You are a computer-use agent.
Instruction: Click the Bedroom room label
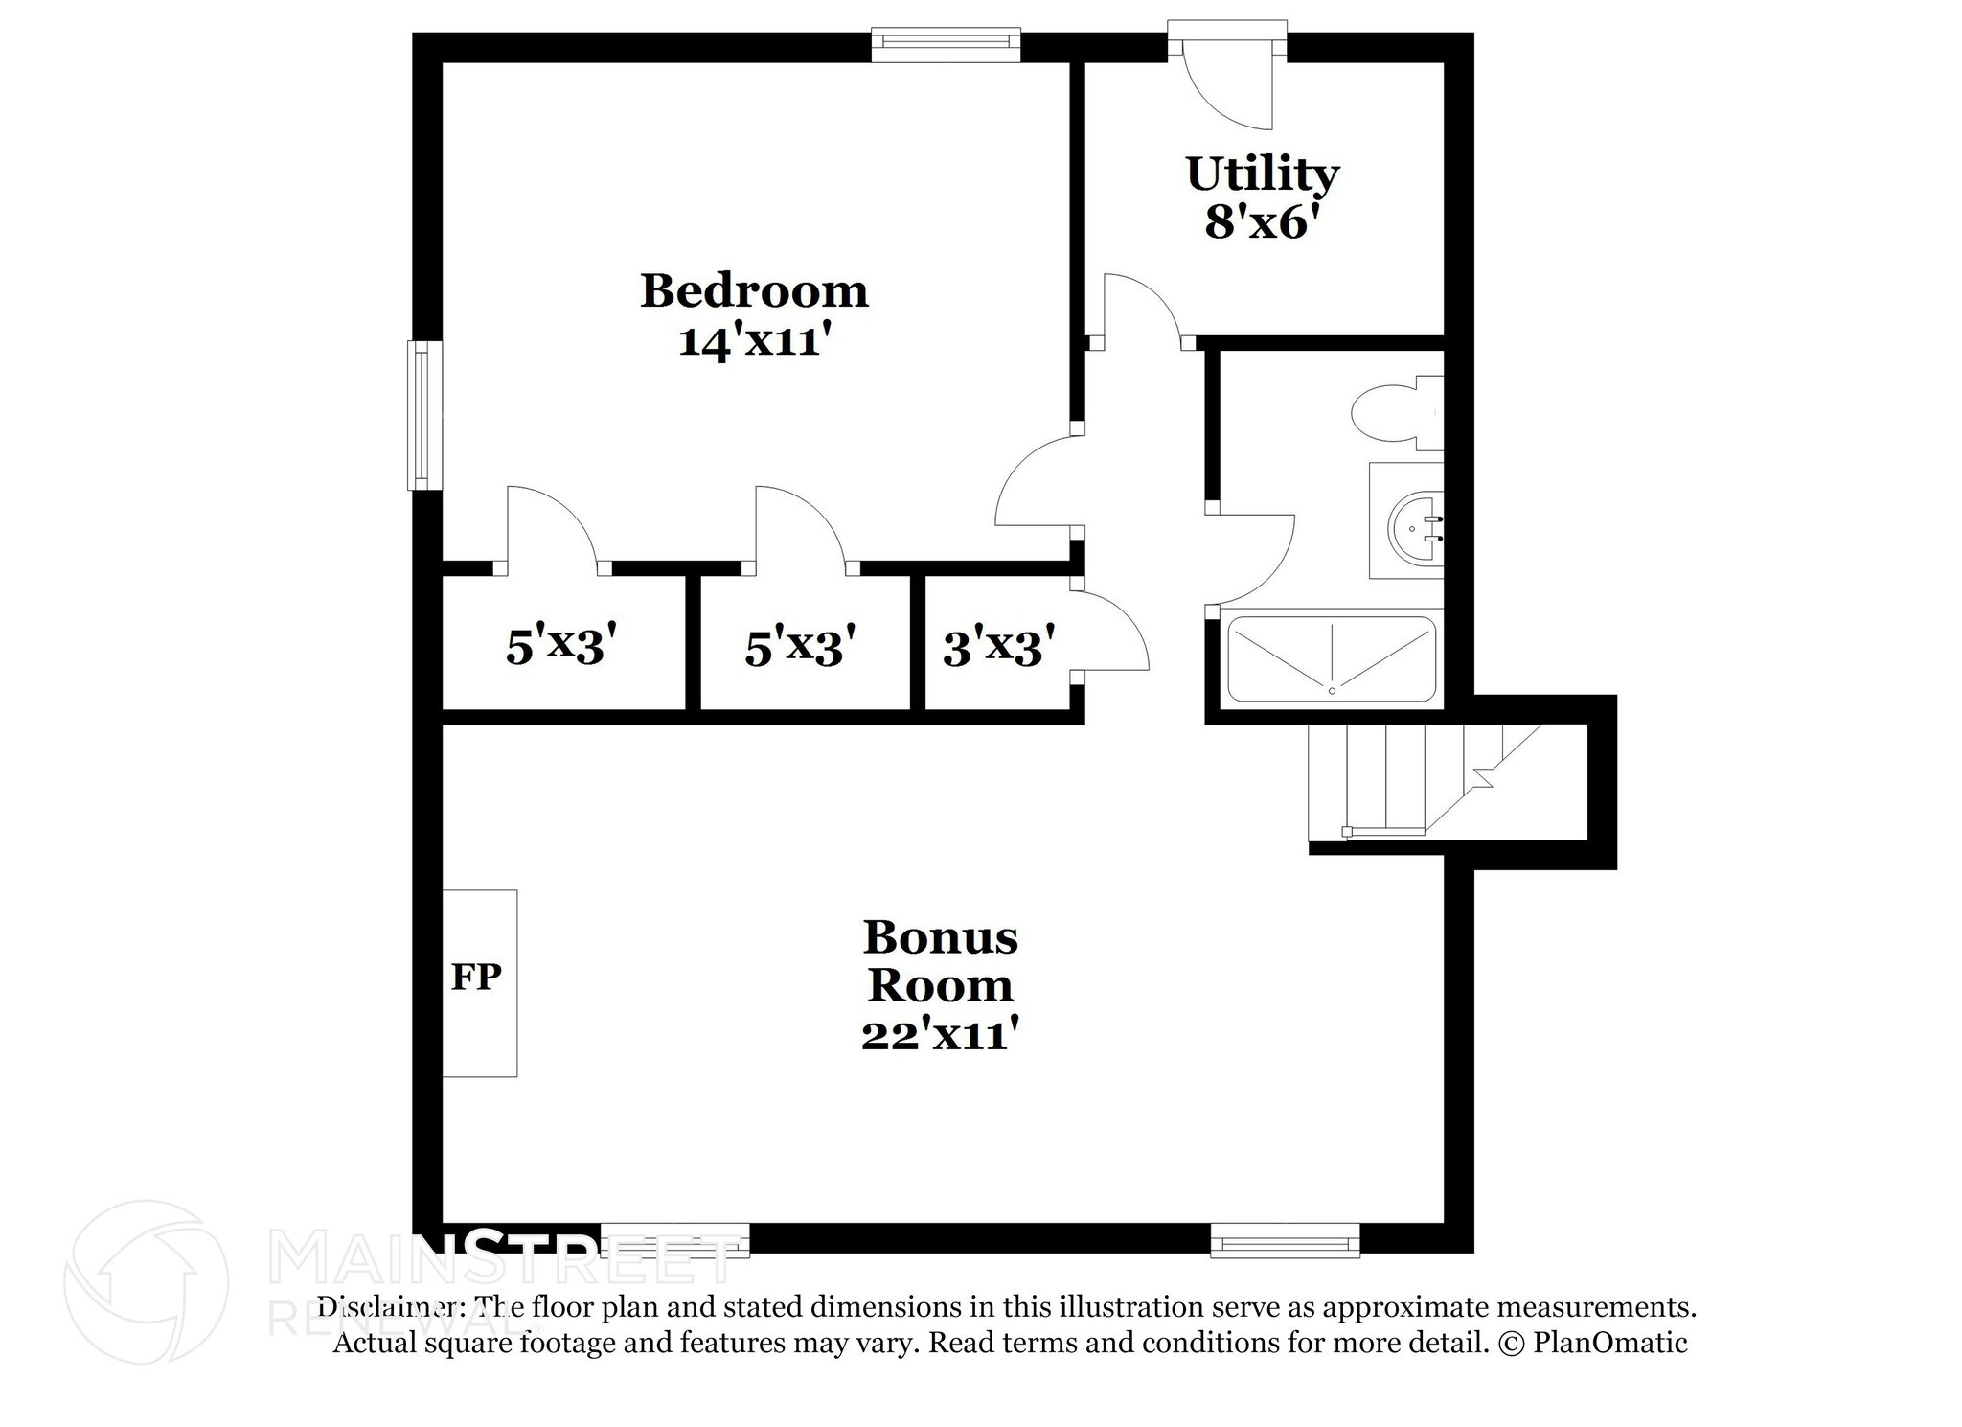(754, 290)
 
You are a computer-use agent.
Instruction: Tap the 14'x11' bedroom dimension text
(753, 341)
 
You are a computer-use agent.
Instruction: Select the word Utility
(1262, 173)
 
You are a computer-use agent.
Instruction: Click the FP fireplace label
(476, 977)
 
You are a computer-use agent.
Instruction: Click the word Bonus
(940, 937)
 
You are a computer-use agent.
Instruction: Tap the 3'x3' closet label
(998, 647)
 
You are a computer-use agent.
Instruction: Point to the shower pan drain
(1332, 690)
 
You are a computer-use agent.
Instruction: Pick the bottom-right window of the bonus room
(1285, 1241)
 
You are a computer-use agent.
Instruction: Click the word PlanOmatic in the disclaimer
(1609, 1343)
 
